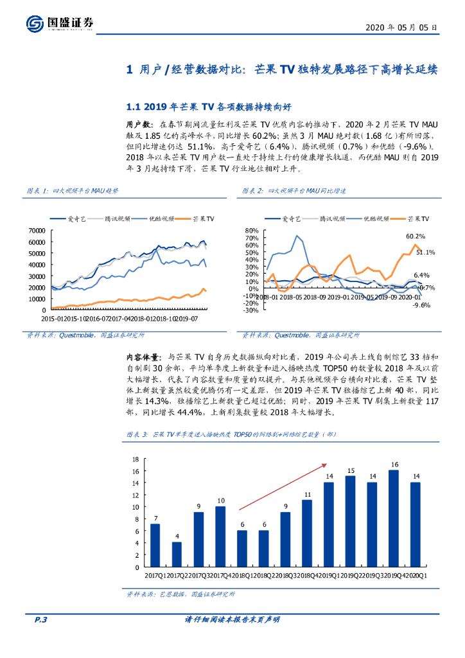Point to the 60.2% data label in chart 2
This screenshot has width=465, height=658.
(416, 236)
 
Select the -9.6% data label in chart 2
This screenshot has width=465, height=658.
(421, 305)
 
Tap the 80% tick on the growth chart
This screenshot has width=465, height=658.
(252, 231)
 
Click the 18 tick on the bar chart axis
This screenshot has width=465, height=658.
(134, 459)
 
